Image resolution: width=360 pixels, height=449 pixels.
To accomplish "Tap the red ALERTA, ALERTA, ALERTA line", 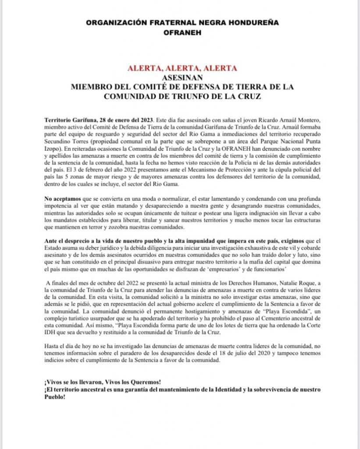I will coord(182,68).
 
